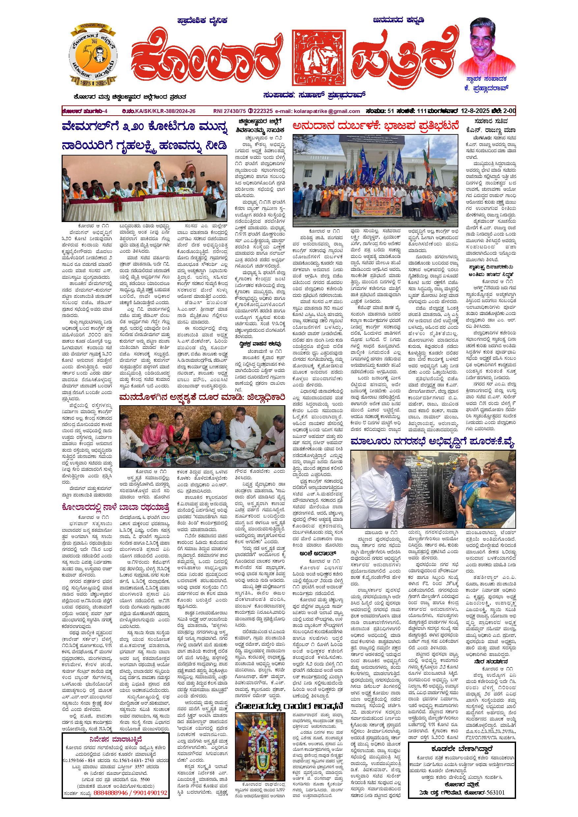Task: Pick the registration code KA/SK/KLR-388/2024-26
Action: coord(165,111)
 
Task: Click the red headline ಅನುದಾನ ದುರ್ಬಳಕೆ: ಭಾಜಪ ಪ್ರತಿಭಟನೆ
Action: coord(375,126)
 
